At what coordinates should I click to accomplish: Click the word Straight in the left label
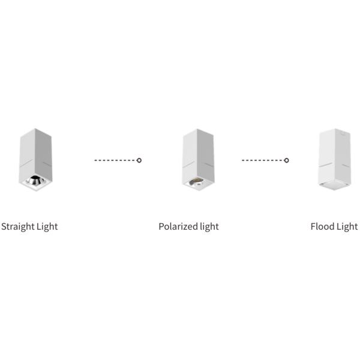(18, 227)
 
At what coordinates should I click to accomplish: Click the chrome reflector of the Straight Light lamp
(35, 179)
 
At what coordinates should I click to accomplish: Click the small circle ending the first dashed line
(139, 160)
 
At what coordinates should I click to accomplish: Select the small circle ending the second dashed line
(287, 160)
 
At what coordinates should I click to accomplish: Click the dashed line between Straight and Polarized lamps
(115, 160)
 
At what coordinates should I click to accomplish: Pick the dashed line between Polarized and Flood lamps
(263, 160)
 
